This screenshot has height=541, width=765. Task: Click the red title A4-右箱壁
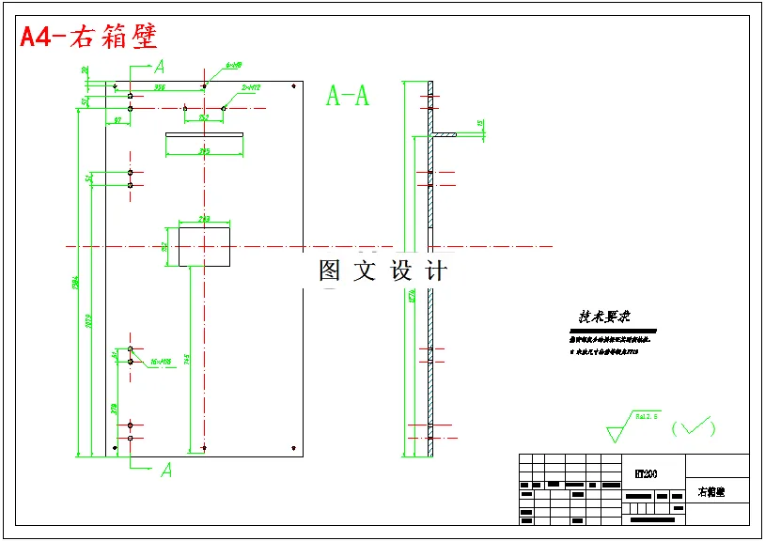click(89, 37)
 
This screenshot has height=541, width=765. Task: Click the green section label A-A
click(347, 96)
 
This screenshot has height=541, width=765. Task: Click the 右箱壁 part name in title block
click(711, 492)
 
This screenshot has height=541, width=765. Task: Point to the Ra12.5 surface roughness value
click(648, 414)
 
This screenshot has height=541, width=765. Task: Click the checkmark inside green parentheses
click(694, 428)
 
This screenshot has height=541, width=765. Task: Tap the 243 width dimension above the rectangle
click(204, 219)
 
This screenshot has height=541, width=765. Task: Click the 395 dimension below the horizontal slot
click(204, 150)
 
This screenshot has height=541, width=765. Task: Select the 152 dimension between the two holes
click(204, 116)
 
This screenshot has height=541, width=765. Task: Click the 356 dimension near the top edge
click(161, 86)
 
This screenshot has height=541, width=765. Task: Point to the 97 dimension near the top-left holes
click(117, 120)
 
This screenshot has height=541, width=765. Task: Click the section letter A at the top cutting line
click(160, 67)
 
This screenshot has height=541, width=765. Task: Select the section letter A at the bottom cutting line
click(165, 470)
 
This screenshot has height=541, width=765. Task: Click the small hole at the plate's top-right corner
click(295, 86)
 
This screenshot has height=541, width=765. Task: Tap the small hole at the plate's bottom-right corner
click(295, 448)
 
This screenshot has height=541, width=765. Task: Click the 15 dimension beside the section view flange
click(480, 123)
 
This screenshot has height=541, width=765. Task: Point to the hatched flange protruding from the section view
click(444, 135)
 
